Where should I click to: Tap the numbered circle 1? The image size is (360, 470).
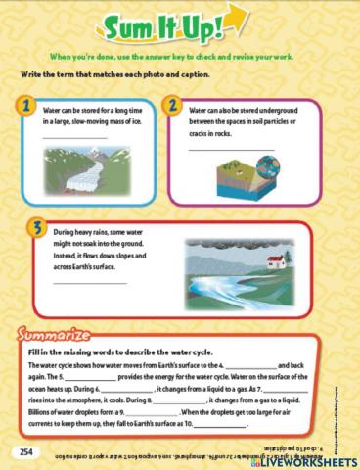29,105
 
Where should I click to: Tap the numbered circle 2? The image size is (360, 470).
171,105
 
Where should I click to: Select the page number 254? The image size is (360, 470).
25,450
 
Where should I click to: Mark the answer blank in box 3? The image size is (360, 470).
88,282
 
